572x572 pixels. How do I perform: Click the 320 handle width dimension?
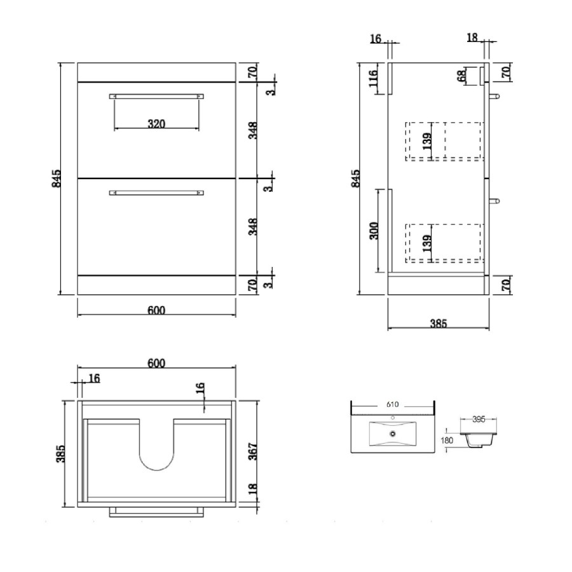tap(156, 123)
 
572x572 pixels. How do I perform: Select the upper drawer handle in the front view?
tap(156, 96)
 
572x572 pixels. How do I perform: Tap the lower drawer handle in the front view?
tap(156, 192)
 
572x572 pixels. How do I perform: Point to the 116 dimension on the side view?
tap(373, 79)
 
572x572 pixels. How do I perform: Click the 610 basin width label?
tap(392, 404)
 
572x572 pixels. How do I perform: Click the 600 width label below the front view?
tap(156, 310)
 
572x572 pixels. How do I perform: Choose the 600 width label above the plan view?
tap(156, 363)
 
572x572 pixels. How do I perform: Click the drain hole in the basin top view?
tap(392, 434)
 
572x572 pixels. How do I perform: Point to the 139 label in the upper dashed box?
tap(428, 140)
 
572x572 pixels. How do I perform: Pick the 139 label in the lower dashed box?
tap(428, 242)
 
